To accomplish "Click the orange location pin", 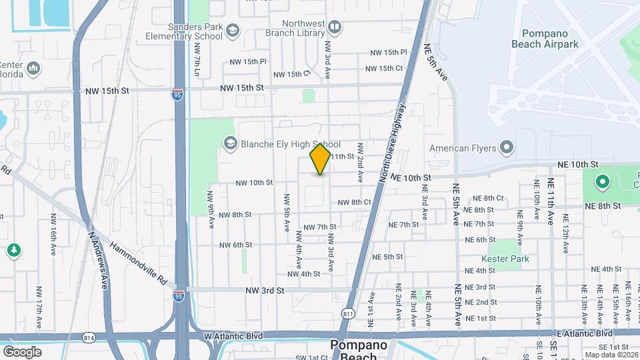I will (320, 159).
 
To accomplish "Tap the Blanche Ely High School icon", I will (230, 143).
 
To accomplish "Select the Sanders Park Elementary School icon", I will (232, 31).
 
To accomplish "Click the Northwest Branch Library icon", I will (334, 27).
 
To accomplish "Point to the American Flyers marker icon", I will (506, 147).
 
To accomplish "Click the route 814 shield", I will (90, 339).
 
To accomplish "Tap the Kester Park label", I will (505, 258).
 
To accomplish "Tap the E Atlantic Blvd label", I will (587, 333).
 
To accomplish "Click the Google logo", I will (23, 351).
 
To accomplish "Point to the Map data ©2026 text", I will (611, 355).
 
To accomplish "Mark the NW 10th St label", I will (254, 182).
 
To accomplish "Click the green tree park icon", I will (13, 250).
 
